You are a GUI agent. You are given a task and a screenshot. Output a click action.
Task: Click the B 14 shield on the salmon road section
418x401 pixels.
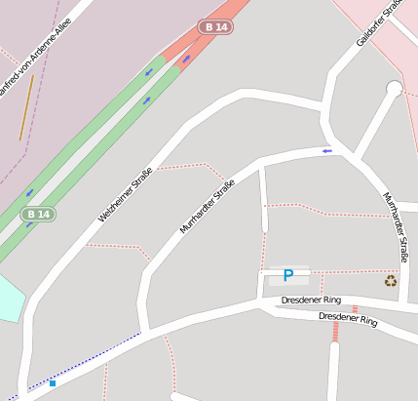(216, 27)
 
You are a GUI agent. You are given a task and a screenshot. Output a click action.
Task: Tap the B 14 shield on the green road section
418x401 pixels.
(38, 214)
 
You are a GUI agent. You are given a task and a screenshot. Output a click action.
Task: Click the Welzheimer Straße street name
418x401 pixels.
(126, 193)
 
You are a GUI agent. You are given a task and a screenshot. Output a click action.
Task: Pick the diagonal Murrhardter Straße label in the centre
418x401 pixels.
(208, 207)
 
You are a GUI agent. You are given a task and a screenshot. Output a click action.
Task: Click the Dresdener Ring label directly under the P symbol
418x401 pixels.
(311, 300)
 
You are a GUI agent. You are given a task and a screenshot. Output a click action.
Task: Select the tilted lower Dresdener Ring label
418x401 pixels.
(348, 317)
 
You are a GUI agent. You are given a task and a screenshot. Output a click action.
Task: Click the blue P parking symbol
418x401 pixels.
(287, 276)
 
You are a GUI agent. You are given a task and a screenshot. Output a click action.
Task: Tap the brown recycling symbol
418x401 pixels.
(391, 281)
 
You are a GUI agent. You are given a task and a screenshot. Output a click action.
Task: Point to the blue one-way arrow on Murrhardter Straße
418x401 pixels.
(327, 150)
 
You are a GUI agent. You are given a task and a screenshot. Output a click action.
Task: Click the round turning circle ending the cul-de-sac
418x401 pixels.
(394, 89)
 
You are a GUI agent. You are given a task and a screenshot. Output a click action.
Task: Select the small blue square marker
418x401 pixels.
(53, 383)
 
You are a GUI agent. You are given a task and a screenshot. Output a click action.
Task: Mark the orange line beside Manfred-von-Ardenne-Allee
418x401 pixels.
(26, 107)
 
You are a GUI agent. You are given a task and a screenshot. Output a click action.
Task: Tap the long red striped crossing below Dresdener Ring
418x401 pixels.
(335, 331)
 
